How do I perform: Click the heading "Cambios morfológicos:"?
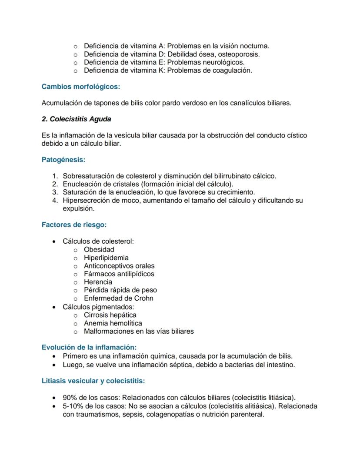coord(80,87)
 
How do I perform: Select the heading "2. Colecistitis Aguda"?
coord(76,119)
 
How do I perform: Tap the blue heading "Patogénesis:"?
coord(63,160)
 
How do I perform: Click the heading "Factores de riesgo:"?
coord(74,225)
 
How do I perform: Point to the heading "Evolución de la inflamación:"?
coord(89,347)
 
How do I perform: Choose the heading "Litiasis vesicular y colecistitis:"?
coord(93,381)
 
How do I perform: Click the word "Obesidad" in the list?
coord(99,249)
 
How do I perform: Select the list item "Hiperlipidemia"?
coord(106,258)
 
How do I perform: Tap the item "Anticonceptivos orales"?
coord(119,266)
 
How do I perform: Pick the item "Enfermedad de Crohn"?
coord(118,298)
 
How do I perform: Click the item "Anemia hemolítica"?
coord(113,323)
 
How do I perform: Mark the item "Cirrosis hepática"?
coord(110,315)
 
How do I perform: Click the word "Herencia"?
coord(98,282)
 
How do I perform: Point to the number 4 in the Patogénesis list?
coord(55,201)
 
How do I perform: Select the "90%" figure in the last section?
coord(70,398)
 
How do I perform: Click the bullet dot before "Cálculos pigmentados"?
coord(54,307)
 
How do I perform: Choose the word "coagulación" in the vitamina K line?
coord(231,70)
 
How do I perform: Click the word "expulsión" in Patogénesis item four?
coord(78,208)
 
